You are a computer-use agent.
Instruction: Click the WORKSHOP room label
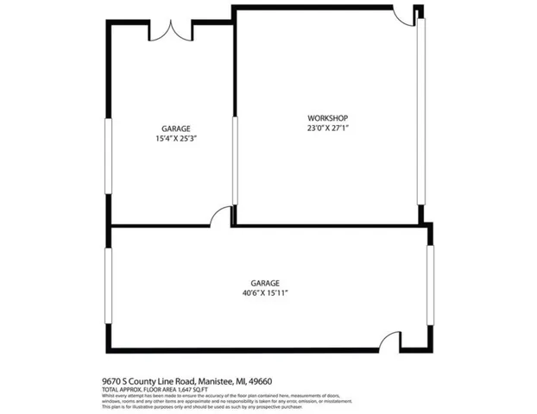[327, 118]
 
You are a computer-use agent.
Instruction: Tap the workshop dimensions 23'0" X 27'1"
[327, 128]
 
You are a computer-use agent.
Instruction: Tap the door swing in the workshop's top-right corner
[404, 16]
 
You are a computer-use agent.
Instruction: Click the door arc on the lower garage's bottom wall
[391, 341]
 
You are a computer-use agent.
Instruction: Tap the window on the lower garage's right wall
[430, 285]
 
